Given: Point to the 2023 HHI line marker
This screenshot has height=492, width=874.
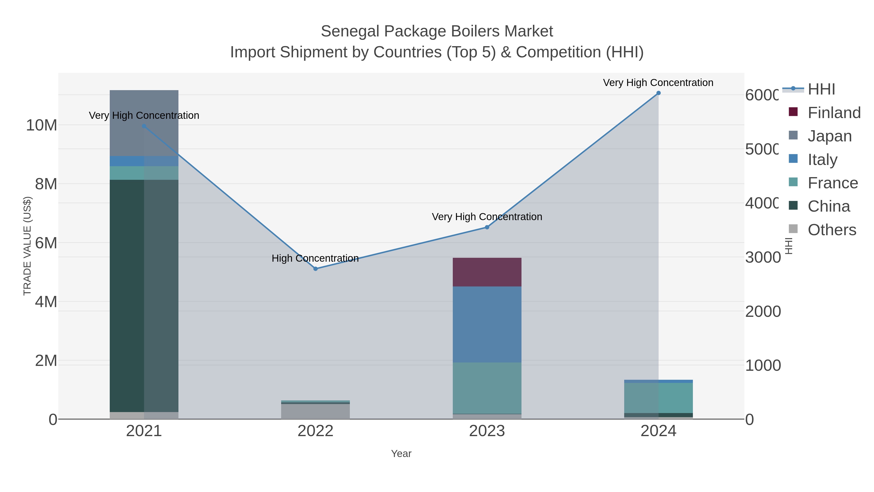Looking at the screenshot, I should (487, 227).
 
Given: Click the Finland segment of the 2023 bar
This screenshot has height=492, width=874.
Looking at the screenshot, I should (487, 272).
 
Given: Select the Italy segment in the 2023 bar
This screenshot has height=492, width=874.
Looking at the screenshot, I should (487, 324).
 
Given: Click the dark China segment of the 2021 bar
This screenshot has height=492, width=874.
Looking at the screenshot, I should (127, 295).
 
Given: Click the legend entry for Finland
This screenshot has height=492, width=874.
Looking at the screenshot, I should (834, 112).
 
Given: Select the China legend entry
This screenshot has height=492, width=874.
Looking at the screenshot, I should (829, 206).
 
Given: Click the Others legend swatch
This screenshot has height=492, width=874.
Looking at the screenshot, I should (793, 229).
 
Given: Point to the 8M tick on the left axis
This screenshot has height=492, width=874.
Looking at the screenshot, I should (46, 184).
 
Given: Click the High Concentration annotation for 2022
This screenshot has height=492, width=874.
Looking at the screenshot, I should (315, 259).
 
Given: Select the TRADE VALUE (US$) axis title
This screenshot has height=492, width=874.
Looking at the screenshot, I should (27, 246).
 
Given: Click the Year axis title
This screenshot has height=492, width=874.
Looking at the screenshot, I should (401, 454).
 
